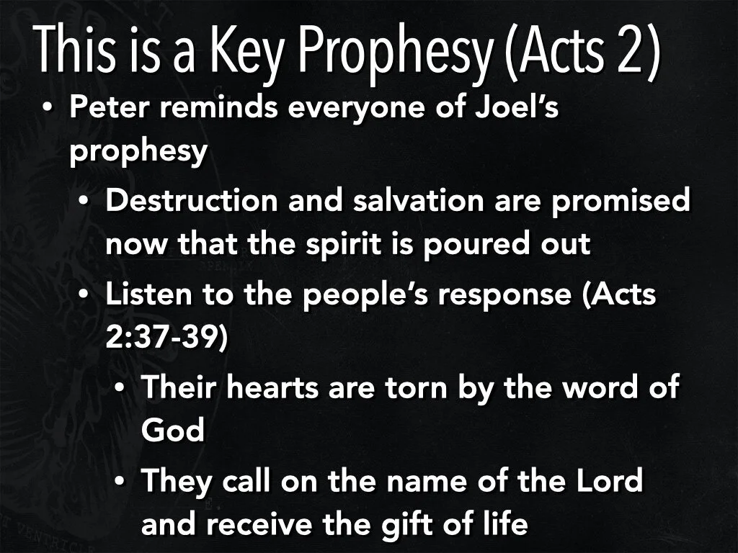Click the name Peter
[x=102, y=109]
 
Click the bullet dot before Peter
[x=48, y=109]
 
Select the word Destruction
[x=191, y=202]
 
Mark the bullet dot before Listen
[x=84, y=296]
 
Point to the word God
[x=173, y=431]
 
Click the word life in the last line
[x=502, y=523]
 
